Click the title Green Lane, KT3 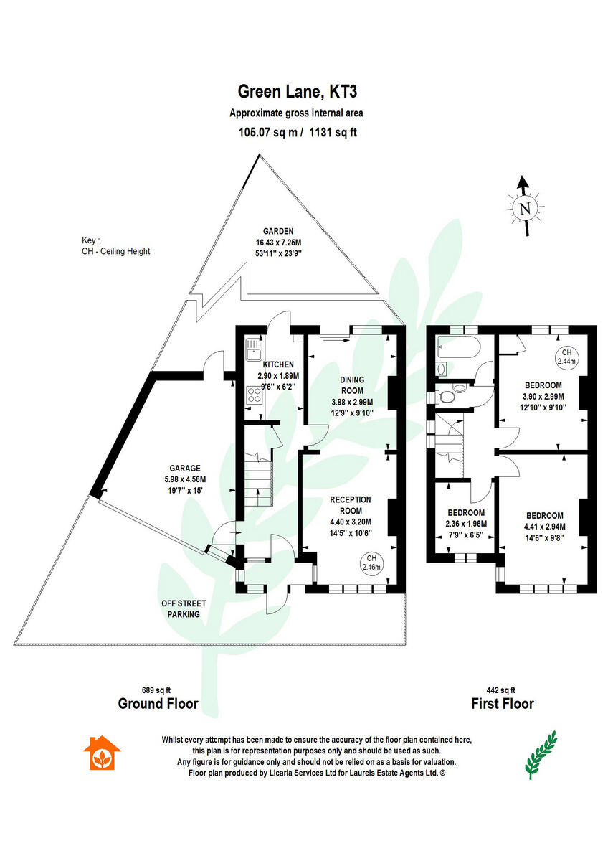pos(298,93)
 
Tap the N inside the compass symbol pos(525,209)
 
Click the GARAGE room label pos(185,468)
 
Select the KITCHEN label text pos(278,364)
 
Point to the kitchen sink pos(254,349)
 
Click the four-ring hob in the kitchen pos(254,395)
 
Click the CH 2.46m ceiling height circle pos(371,563)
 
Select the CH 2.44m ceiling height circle pos(566,357)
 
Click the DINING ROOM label pos(352,385)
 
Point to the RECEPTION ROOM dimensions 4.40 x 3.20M pos(351,522)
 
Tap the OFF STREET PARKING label pos(184,609)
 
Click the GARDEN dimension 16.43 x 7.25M pos(278,243)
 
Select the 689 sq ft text pos(156,690)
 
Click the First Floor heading pos(503,704)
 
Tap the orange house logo pos(102,753)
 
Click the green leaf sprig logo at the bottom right pos(541,755)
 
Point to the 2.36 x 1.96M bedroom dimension pos(466,524)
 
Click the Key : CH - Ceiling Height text pos(115,246)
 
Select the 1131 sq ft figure pos(333,133)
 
